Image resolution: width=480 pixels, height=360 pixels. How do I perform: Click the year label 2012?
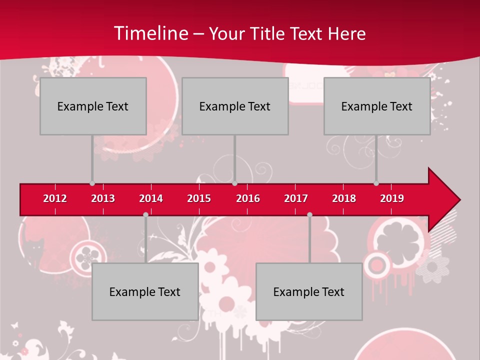tap(55, 198)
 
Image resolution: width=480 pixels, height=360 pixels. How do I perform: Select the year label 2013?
tap(103, 198)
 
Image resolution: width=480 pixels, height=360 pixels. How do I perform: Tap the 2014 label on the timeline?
tap(151, 198)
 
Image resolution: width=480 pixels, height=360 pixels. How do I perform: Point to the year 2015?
tap(199, 198)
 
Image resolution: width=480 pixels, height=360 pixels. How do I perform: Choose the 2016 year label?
tap(248, 198)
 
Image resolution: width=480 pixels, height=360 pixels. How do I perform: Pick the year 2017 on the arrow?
tap(296, 198)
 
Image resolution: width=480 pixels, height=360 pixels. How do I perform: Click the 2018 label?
tap(344, 198)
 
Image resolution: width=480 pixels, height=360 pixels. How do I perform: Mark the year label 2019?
tap(392, 198)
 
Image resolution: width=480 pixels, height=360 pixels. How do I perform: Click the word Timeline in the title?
tap(150, 33)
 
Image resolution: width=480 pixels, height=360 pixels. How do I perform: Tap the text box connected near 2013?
tap(93, 106)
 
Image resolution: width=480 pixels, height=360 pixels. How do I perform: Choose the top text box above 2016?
tap(235, 106)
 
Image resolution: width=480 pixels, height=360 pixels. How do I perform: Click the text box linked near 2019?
tap(377, 106)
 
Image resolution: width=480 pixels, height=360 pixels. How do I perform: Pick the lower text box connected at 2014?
tap(145, 291)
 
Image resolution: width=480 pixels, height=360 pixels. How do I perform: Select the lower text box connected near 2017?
tap(309, 291)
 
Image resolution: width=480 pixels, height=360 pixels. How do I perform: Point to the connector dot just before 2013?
tap(92, 183)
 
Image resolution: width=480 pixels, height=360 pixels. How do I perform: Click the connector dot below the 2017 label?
tap(309, 215)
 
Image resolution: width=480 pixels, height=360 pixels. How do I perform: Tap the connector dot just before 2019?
tap(376, 183)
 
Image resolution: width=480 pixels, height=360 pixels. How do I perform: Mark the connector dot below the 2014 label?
tap(145, 215)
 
